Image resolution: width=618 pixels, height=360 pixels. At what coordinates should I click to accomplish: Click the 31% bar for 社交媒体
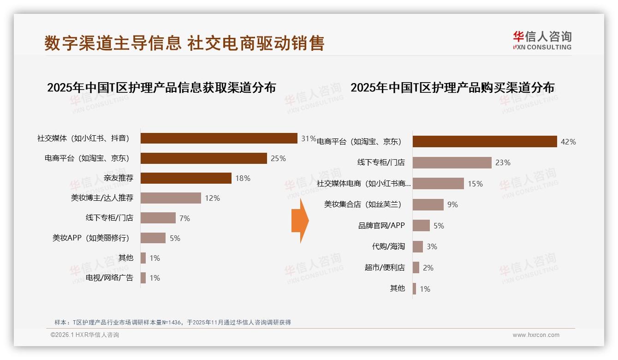(x=219, y=138)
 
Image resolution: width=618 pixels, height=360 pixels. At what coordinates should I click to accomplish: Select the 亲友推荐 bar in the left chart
(x=186, y=178)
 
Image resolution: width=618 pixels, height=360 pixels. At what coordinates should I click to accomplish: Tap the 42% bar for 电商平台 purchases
(x=485, y=142)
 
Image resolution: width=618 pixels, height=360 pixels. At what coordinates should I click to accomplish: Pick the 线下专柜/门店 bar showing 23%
(x=452, y=162)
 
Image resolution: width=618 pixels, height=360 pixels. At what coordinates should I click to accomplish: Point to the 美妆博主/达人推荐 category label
(x=102, y=198)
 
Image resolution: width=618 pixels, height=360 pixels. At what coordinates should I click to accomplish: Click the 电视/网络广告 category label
(x=109, y=278)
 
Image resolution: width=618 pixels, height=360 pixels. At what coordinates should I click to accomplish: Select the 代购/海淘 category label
(x=388, y=246)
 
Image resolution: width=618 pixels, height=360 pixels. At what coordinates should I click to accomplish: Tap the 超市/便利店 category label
(x=385, y=268)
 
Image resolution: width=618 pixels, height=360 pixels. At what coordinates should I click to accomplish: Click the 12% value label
(x=212, y=198)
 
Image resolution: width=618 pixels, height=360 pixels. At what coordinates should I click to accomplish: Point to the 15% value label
(x=475, y=184)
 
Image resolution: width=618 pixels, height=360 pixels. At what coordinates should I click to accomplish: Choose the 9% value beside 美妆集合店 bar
(x=452, y=204)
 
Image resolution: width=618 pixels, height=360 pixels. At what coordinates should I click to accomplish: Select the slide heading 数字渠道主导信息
(x=113, y=43)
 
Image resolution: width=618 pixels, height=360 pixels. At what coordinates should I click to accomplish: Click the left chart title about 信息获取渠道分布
(x=161, y=88)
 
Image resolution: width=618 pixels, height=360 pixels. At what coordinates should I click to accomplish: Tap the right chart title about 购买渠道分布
(x=452, y=88)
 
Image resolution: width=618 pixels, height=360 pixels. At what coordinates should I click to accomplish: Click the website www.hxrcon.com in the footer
(x=536, y=335)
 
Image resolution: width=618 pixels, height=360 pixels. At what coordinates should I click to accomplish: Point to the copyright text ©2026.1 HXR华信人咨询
(x=85, y=335)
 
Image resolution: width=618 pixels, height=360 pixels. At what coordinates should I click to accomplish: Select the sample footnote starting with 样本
(x=172, y=322)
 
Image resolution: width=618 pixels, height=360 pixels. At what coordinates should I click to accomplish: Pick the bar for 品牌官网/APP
(x=421, y=226)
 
